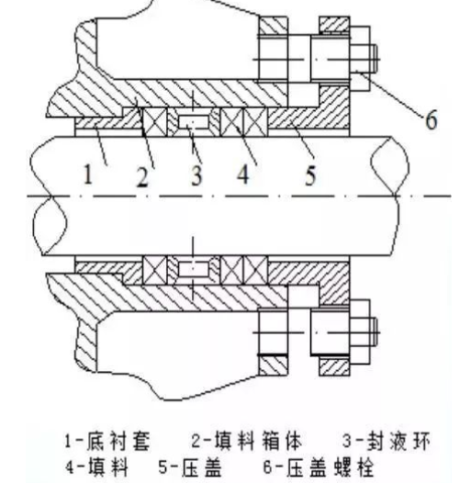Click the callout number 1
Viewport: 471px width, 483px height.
point(88,174)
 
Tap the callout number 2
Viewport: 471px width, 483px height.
point(142,177)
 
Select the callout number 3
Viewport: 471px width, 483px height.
point(196,175)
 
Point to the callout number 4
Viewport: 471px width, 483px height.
point(243,174)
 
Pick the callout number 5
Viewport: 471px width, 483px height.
point(310,175)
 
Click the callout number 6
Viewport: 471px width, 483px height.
point(432,119)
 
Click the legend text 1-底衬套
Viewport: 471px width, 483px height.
point(107,442)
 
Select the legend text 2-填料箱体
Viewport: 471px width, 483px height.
point(247,441)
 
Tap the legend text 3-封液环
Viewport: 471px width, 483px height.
point(386,441)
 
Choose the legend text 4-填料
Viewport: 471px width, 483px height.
point(96,467)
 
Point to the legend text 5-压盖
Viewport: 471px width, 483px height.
point(190,467)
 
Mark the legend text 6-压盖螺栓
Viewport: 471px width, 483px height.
point(319,467)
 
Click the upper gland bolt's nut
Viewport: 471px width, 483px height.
point(360,59)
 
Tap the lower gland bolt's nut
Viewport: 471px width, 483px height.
point(360,332)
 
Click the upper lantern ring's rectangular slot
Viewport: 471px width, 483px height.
point(193,122)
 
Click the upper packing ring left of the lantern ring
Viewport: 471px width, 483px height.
point(155,122)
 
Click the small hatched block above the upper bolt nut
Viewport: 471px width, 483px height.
point(334,25)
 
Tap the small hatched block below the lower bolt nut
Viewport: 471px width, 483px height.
point(334,366)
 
